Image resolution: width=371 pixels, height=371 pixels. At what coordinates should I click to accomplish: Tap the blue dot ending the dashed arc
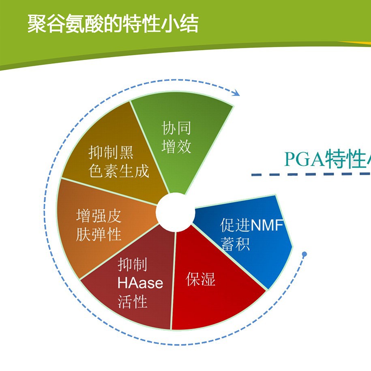coord(305,254)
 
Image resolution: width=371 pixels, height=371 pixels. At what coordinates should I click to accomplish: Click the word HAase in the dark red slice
coord(140,283)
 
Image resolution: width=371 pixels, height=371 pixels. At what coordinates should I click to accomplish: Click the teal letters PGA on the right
coord(304,159)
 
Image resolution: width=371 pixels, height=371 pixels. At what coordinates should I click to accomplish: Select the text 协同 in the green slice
coord(176,129)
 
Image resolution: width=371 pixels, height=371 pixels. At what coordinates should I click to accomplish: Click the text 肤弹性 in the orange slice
coord(99,235)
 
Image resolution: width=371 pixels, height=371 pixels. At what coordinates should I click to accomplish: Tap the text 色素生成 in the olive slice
coord(119,171)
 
